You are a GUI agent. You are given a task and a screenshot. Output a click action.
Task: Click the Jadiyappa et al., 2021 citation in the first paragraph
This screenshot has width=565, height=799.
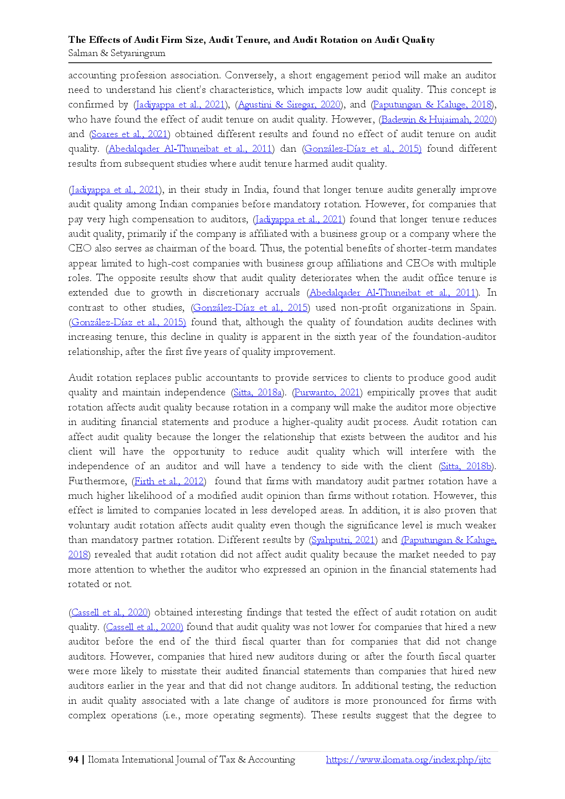coord(180,105)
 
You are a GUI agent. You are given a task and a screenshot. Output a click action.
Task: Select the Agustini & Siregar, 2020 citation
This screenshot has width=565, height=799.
coord(289,105)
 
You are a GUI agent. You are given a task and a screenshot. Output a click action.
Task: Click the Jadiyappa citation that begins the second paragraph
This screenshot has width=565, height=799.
coord(115,190)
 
